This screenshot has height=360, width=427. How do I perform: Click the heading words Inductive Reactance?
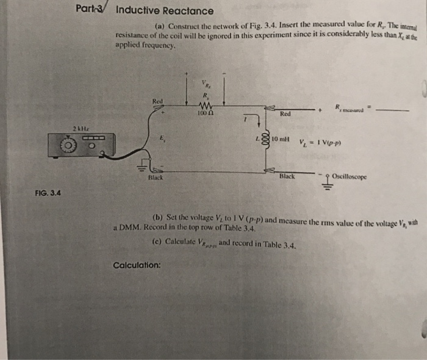click(x=165, y=11)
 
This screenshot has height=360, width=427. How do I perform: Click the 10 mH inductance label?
click(x=282, y=139)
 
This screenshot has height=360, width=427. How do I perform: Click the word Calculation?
click(x=137, y=265)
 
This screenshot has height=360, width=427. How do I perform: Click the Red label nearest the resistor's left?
click(x=158, y=101)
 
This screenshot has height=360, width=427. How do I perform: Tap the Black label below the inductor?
click(x=287, y=176)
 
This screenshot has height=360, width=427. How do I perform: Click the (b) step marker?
click(x=157, y=218)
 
